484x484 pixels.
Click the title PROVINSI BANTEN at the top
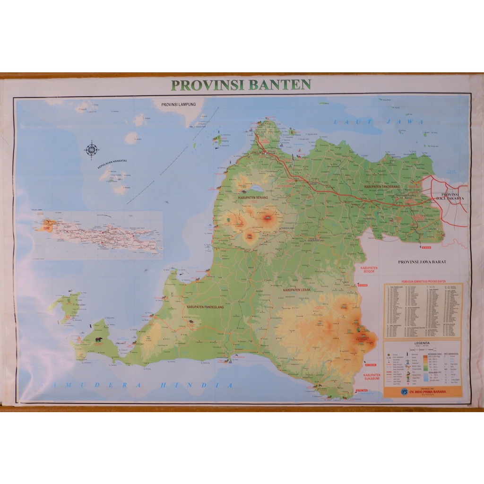click(241, 85)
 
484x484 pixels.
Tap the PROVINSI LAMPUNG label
click(178, 104)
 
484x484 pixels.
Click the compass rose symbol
click(91, 150)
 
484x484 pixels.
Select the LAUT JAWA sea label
click(378, 122)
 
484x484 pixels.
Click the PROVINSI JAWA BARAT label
click(422, 261)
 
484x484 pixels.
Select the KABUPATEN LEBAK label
click(296, 289)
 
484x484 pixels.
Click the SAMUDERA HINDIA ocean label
click(137, 385)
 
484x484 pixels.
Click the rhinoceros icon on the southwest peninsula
click(99, 339)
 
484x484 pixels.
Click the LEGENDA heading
click(422, 344)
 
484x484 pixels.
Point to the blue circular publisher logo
click(390, 392)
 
